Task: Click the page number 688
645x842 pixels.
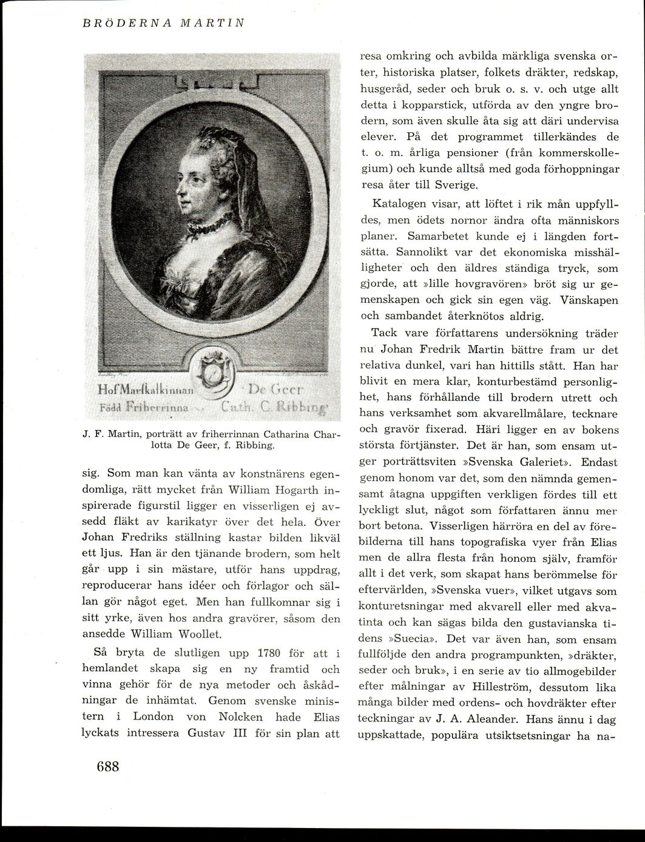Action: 107,766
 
